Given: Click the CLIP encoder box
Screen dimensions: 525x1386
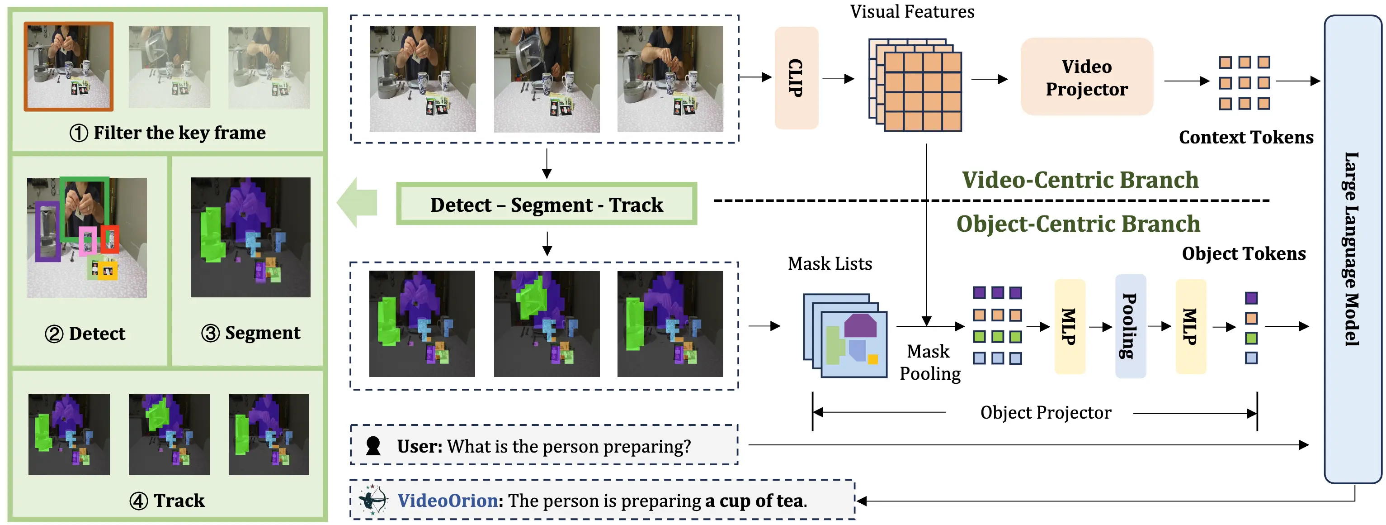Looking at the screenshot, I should click(796, 78).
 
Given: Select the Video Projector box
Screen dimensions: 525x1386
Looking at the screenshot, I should click(1086, 77).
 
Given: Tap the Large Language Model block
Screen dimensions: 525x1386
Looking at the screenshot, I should click(1351, 249).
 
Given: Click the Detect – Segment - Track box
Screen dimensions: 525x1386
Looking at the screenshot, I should click(546, 205).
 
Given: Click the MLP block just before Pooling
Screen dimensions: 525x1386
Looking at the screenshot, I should click(1069, 326).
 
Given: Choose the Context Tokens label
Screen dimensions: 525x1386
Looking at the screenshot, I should click(1245, 137).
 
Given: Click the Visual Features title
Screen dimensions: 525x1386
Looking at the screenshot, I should click(911, 12).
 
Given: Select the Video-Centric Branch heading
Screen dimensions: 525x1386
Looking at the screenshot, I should click(1080, 180).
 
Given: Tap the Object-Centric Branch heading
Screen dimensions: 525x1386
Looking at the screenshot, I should click(1078, 224).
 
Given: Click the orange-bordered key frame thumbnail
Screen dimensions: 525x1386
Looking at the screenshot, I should click(69, 66).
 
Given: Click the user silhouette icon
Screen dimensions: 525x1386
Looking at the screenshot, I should click(373, 446).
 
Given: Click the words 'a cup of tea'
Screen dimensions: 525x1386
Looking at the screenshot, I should click(754, 501).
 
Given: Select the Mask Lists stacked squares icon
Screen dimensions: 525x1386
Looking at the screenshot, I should click(845, 335).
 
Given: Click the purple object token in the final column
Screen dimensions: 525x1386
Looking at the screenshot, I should click(1251, 298).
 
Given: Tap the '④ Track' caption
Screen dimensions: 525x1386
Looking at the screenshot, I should click(167, 501).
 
